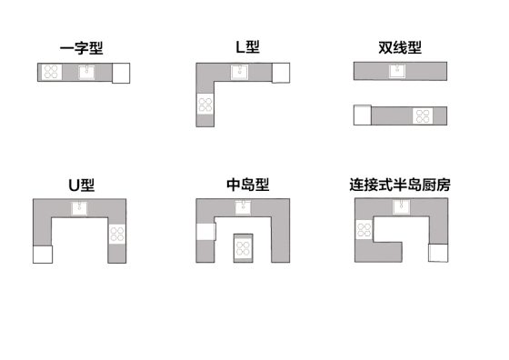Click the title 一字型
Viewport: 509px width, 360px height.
83,48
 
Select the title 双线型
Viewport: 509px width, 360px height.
400,46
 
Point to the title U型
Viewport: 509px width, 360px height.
81,185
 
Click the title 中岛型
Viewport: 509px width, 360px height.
247,185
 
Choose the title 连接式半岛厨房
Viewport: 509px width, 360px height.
400,185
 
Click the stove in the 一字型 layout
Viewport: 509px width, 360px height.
52,72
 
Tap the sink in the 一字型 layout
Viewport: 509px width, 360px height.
86,72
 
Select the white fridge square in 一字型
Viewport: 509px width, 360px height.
121,73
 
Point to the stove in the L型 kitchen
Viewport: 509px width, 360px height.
205,104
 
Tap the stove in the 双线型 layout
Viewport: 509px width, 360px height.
423,115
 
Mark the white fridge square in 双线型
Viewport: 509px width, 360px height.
363,115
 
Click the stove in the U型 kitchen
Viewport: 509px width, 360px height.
116,234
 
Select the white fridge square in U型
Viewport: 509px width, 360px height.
43,254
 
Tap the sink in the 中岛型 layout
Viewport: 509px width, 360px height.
243,208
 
